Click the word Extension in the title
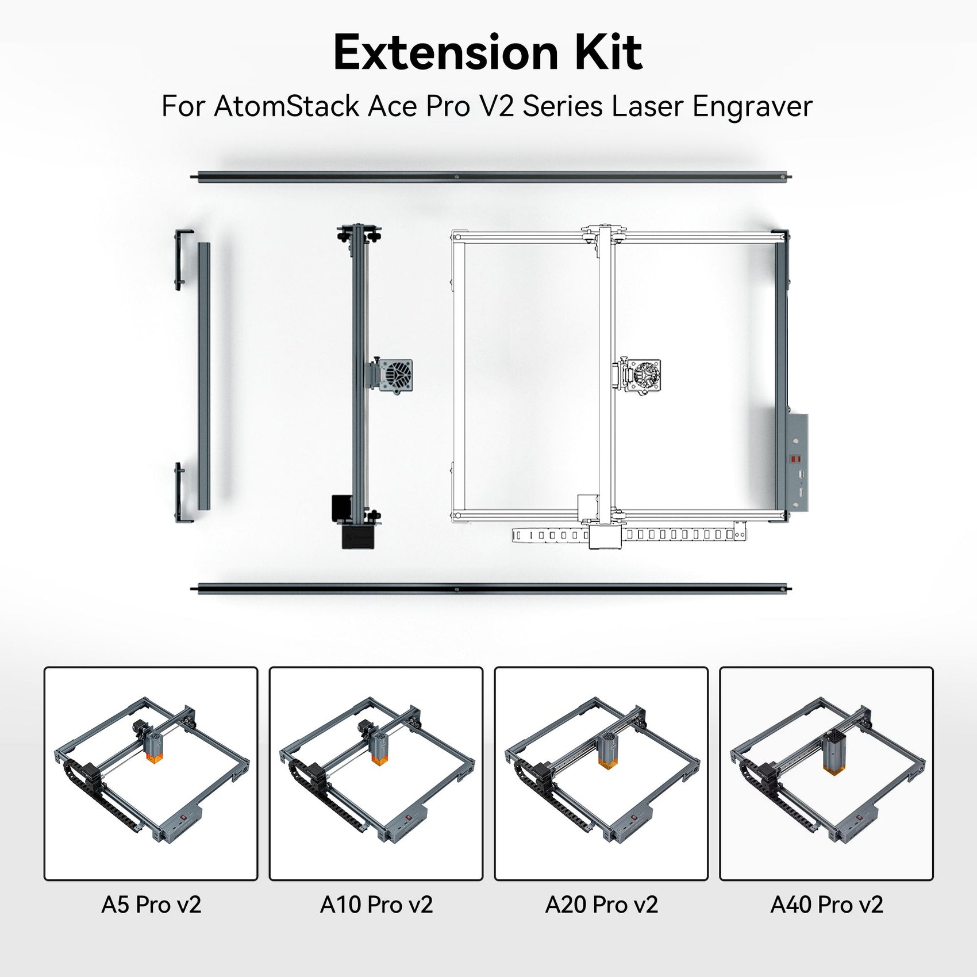(446, 53)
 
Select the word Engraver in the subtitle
(752, 106)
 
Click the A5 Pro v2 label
(151, 905)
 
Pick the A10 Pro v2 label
(376, 905)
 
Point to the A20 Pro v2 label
(601, 905)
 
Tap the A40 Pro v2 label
(826, 905)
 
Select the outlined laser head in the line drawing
(643, 376)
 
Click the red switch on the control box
(797, 460)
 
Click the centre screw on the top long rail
(456, 177)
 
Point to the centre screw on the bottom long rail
(456, 589)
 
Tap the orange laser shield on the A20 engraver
(606, 763)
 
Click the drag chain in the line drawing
(678, 535)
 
